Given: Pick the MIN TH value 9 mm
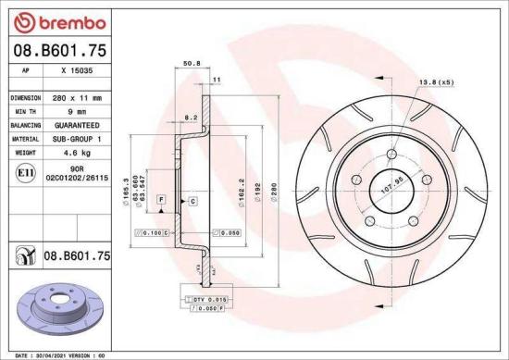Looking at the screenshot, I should point(77,109).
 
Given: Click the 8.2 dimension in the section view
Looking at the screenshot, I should point(190,118).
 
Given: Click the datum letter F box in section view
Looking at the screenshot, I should point(161,200).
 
